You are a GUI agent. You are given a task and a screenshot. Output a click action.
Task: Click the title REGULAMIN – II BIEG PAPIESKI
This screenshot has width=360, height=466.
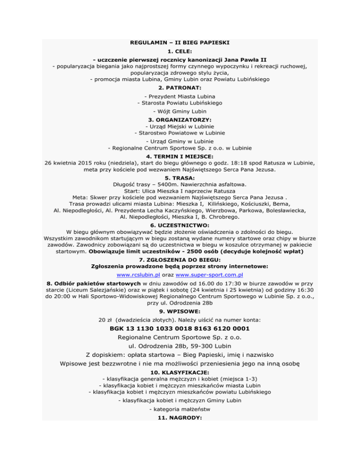point(180,43)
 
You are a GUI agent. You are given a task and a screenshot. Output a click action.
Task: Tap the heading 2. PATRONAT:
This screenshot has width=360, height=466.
point(180,88)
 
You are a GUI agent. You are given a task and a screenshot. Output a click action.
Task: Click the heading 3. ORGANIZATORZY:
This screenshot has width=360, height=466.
point(180,120)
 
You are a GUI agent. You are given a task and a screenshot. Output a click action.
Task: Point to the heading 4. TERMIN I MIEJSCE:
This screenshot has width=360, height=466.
point(180,155)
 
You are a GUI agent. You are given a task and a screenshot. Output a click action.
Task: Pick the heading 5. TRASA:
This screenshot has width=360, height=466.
point(180,179)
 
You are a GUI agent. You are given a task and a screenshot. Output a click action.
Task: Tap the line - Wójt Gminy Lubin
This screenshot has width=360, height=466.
point(180,112)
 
